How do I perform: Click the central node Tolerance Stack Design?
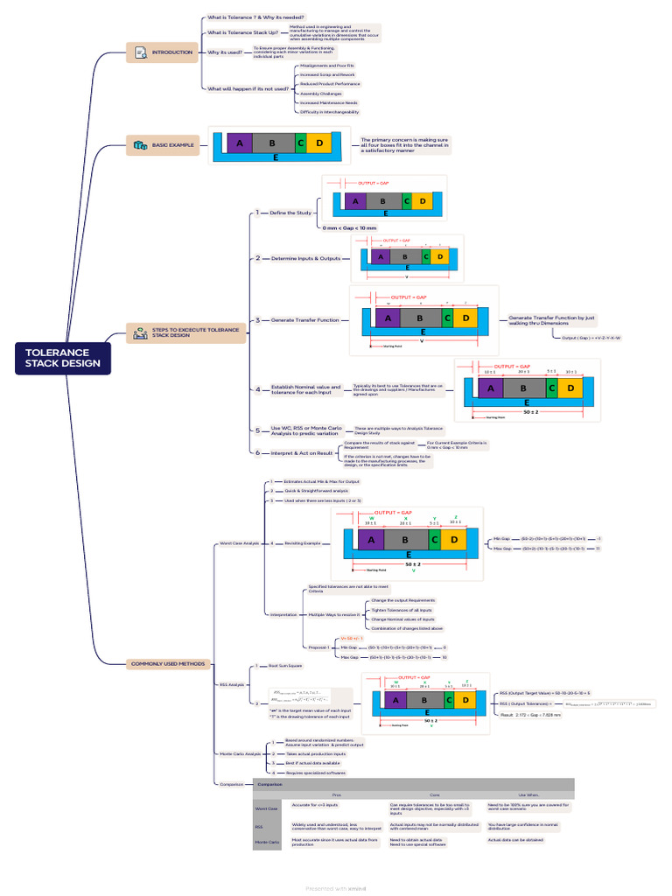[x=62, y=359]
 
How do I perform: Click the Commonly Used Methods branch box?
[x=168, y=664]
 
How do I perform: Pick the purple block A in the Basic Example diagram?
[x=239, y=143]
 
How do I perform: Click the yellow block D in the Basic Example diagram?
[x=319, y=143]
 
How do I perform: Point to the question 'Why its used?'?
[x=226, y=52]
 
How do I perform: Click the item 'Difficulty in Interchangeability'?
[x=329, y=112]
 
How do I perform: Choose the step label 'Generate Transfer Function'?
[x=304, y=320]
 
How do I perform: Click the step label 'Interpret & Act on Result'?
[x=303, y=452]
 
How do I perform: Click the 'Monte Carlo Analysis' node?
[x=241, y=753]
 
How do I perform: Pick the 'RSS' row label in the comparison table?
[x=259, y=826]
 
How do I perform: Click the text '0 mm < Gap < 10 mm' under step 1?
[x=349, y=227]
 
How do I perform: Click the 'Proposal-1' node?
[x=318, y=647]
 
